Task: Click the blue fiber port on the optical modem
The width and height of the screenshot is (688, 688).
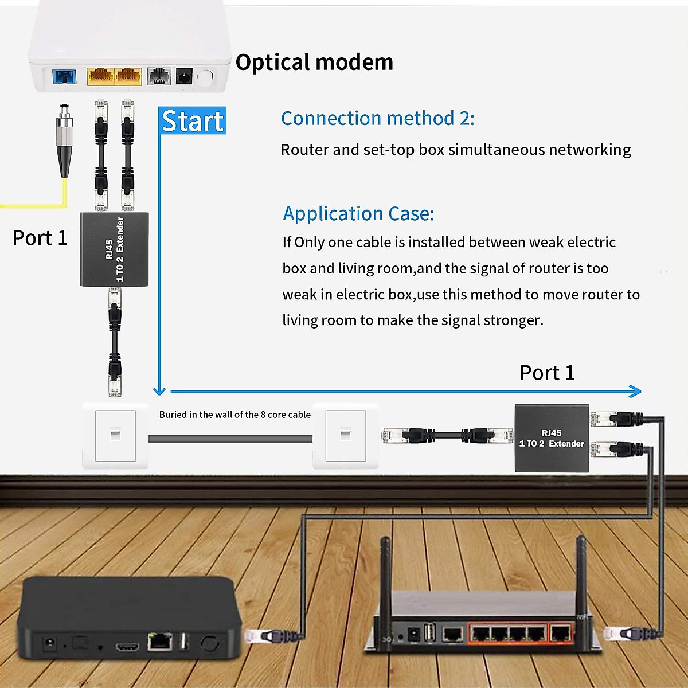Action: [64, 76]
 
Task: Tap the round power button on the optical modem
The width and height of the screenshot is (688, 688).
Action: [205, 77]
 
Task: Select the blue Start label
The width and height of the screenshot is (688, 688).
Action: [193, 120]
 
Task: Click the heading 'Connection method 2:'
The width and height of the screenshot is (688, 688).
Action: [377, 118]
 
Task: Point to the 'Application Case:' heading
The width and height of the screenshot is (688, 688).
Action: [358, 213]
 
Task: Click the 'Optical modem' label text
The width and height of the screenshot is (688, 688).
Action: [314, 62]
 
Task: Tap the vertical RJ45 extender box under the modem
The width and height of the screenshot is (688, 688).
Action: [115, 249]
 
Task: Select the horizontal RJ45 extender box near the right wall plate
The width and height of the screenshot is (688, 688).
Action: [551, 439]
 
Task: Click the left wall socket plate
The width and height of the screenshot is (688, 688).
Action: [115, 435]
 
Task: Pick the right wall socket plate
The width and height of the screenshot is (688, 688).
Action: [345, 435]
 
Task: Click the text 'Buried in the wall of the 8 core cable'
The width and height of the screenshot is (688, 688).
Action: [234, 415]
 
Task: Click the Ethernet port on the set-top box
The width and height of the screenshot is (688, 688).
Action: [160, 642]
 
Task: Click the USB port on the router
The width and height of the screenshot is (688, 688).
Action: [429, 632]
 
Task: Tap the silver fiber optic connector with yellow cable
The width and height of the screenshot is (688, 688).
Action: [64, 140]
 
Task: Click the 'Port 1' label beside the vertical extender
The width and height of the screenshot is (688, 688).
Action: [40, 238]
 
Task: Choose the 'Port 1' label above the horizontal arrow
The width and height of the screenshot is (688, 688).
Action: [546, 373]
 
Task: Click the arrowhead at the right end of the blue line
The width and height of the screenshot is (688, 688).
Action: [635, 392]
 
